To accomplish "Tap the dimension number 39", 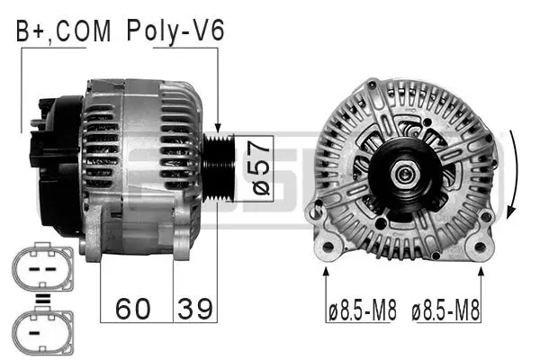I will pyautogui.click(x=194, y=309).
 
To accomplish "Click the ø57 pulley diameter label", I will pyautogui.click(x=257, y=166).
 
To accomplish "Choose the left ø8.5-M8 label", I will pyautogui.click(x=363, y=312).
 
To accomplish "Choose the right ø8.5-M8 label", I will pyautogui.click(x=446, y=312).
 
